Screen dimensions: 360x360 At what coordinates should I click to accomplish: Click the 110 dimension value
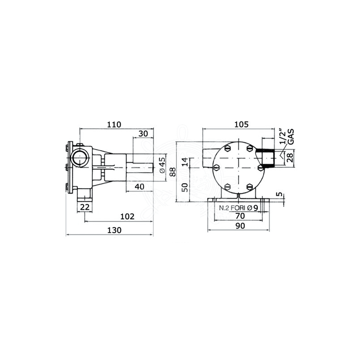pos(114,125)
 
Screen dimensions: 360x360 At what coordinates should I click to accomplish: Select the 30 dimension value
pos(143,133)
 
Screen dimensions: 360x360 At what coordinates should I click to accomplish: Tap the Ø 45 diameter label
pos(162,165)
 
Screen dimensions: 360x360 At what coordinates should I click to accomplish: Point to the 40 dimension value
pos(139,186)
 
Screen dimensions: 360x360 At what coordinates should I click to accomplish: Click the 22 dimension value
pos(85,207)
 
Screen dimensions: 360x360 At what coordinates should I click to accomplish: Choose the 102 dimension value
pos(127,216)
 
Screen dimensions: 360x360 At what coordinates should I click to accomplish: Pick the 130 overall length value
pos(114,230)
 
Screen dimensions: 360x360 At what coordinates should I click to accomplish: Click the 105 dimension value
pos(242,125)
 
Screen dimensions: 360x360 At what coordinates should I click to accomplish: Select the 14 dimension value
pos(185,162)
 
